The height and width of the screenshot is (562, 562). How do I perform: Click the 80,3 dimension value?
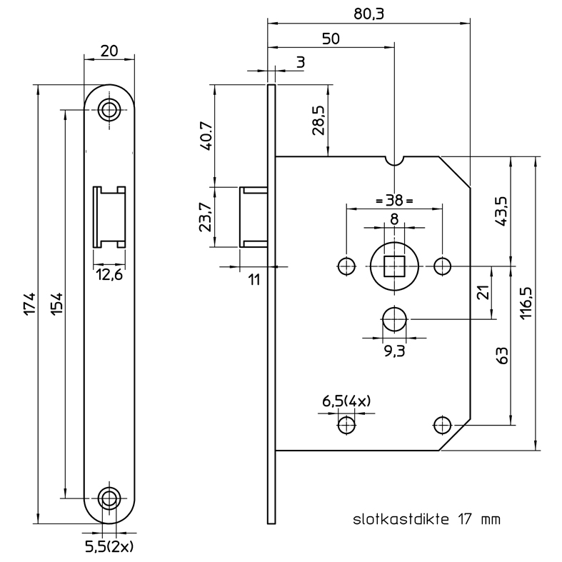(368, 14)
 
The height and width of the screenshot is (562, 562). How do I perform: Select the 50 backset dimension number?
(331, 39)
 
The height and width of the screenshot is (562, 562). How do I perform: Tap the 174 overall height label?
(30, 304)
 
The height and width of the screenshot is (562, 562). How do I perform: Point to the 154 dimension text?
(56, 304)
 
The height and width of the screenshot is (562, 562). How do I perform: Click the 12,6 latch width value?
(109, 275)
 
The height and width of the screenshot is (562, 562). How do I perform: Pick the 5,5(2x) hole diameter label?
(109, 547)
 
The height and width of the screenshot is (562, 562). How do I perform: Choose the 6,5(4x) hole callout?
(346, 401)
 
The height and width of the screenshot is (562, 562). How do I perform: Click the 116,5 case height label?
(526, 303)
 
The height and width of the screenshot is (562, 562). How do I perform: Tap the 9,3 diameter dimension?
(395, 351)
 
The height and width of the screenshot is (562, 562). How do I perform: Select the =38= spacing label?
(394, 201)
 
